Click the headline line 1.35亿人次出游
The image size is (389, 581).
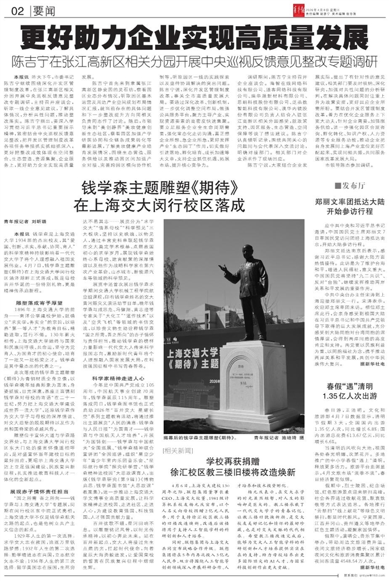coord(345,412)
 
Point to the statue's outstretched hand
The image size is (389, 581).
coord(225,276)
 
